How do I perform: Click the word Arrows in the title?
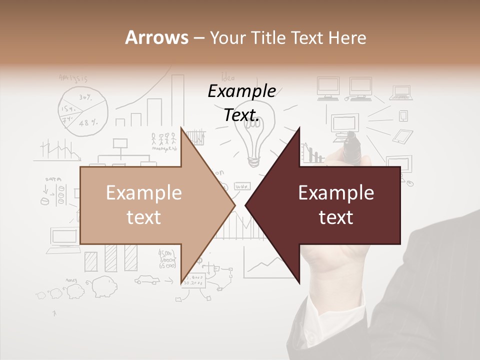point(156,37)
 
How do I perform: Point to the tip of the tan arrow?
point(234,205)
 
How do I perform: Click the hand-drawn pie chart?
point(83,110)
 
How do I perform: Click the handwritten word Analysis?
point(73,78)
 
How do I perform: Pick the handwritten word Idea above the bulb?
point(228,77)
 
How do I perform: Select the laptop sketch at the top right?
point(402,93)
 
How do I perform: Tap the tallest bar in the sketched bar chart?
point(178,100)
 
